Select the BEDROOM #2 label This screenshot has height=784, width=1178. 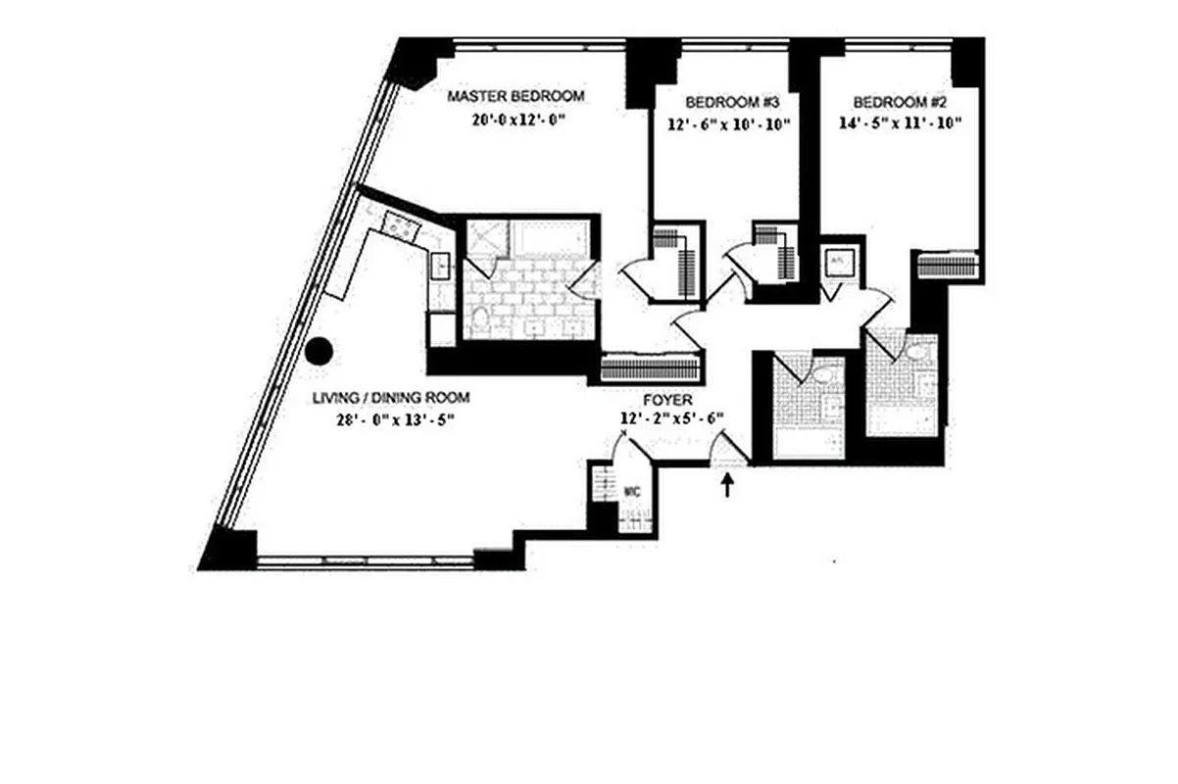(897, 102)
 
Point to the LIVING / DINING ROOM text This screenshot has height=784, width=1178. (391, 398)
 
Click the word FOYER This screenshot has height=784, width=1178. (667, 401)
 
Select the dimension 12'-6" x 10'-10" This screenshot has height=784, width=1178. (724, 124)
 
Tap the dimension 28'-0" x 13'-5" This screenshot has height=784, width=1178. (391, 419)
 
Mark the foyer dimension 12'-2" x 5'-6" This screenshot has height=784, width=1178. (672, 419)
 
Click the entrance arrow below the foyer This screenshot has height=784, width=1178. (727, 485)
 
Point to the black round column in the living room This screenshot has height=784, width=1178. (319, 351)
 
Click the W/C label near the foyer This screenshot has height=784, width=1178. (632, 491)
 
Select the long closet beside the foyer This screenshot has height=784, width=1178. (651, 368)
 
